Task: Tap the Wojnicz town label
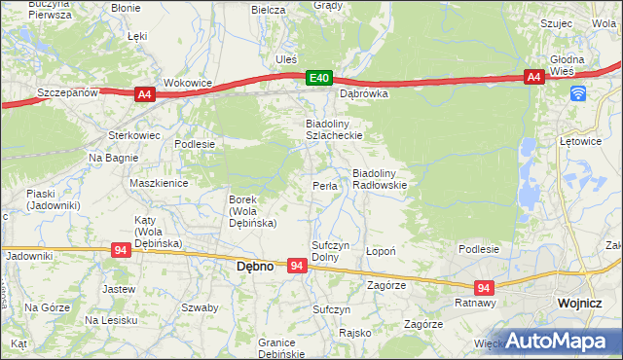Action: pos(579,303)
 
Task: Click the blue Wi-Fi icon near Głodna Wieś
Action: pos(578,92)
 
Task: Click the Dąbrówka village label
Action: pos(363,94)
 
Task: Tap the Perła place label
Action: pos(324,186)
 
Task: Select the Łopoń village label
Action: pos(380,251)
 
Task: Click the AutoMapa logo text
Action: pos(568,342)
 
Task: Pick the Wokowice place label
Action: pos(188,84)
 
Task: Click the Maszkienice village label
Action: pos(159,182)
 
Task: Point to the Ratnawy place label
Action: pos(475,302)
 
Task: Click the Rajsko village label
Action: pos(350,333)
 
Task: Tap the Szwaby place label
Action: pos(200,307)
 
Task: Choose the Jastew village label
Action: pos(119,289)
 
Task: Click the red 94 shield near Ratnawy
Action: pos(484,287)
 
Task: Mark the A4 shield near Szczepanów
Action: pos(144,93)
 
